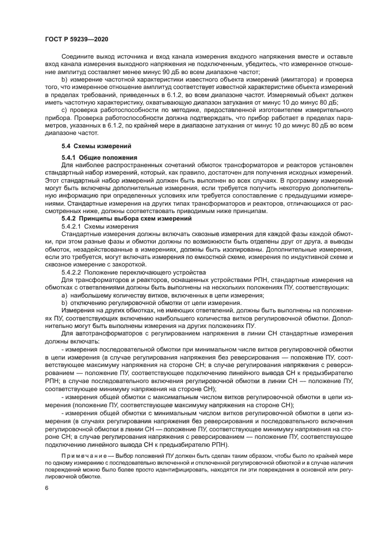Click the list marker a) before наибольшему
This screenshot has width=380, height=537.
(x=64, y=295)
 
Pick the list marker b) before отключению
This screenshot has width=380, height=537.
(x=64, y=302)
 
